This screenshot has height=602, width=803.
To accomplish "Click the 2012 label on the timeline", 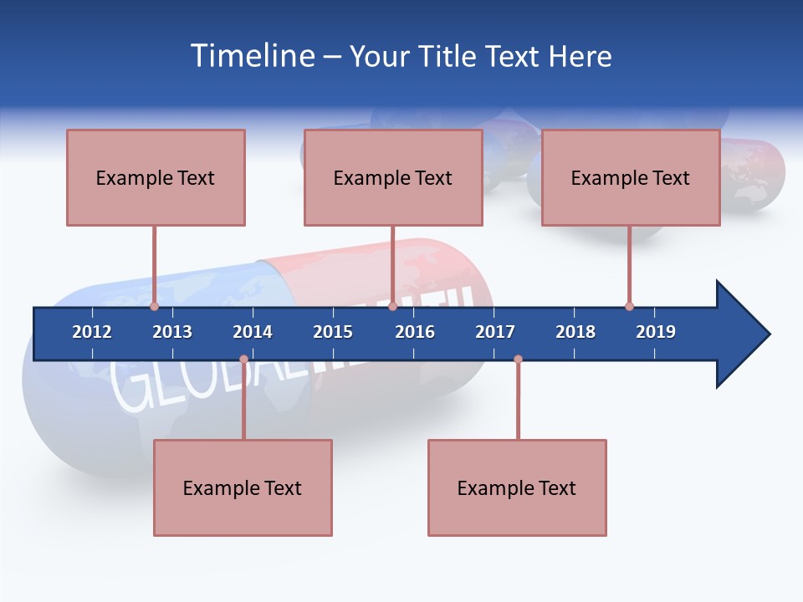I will [92, 332].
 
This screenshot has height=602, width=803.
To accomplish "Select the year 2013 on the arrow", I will [172, 332].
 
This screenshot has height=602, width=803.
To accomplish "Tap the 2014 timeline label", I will [253, 332].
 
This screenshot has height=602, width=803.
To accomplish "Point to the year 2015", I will [333, 332].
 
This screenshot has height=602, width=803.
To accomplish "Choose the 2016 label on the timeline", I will [415, 332].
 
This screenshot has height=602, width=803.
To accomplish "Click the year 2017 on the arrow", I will [495, 332].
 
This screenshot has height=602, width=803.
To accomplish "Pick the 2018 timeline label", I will [575, 332].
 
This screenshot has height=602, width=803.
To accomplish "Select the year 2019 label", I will [656, 332].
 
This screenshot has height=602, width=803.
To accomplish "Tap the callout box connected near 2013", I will [156, 177].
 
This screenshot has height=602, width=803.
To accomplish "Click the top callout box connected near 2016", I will [393, 177].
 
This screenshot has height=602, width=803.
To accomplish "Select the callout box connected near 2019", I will [631, 177].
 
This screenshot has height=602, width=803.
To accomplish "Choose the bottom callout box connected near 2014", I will [243, 487].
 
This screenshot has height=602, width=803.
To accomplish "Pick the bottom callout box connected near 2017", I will [517, 487].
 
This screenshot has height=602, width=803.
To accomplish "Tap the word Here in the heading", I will [580, 56].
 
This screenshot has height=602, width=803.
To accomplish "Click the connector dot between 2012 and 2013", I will [154, 307].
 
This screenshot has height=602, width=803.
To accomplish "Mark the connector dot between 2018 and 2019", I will [629, 307].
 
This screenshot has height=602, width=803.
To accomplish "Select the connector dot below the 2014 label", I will [243, 360].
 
